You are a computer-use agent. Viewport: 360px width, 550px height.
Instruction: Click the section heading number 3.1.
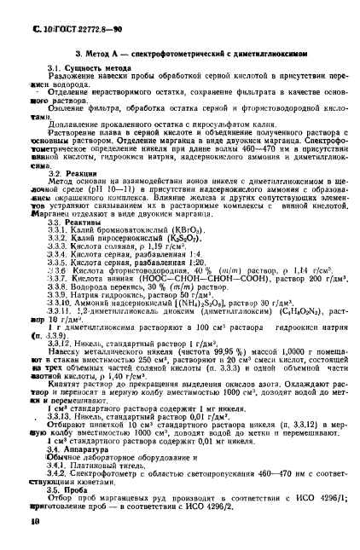53,66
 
